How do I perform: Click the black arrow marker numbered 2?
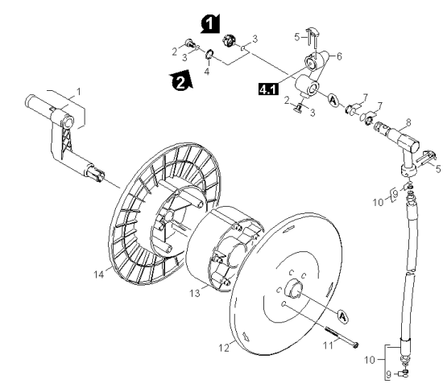coord(181,80)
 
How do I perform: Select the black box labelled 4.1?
coord(268,89)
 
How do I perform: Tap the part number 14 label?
coord(99,274)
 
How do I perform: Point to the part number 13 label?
coord(194,294)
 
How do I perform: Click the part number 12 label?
coord(224,348)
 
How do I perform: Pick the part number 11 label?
coord(328,345)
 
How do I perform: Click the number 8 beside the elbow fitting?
coord(408,122)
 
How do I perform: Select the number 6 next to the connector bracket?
coord(339,56)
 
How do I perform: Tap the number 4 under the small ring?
coord(207,72)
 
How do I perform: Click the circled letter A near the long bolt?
coord(342,316)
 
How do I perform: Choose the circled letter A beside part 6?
coord(333,101)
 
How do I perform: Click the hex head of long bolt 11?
coord(356,345)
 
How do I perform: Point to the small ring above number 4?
coord(209,54)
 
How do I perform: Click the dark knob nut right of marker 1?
coord(228,41)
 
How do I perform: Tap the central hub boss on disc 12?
coord(294,288)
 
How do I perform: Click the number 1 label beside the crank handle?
coord(79,92)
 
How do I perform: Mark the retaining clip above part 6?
coord(312,36)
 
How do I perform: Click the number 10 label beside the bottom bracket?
coord(370,360)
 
